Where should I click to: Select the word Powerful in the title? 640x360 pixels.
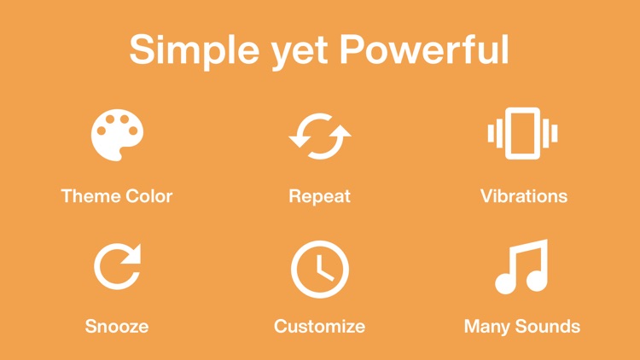(424, 49)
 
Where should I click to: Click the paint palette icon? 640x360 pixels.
(117, 136)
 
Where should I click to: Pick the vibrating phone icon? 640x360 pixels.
(522, 134)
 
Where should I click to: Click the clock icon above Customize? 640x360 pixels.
(319, 268)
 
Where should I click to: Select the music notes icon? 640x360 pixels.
(521, 267)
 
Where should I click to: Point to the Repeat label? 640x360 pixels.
(319, 196)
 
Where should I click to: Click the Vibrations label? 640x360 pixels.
(523, 196)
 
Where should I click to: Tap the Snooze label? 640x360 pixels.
(117, 326)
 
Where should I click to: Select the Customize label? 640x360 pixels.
(319, 326)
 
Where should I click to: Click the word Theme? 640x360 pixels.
(90, 196)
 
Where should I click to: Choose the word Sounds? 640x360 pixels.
(550, 326)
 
